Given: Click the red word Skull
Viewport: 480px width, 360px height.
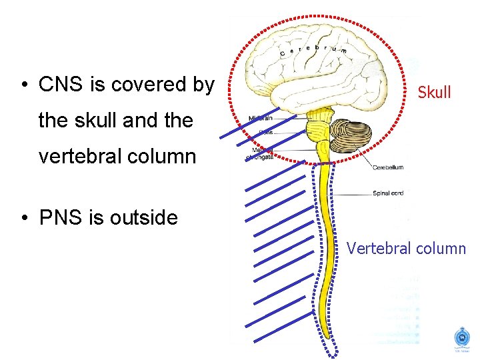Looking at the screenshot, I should click(434, 93).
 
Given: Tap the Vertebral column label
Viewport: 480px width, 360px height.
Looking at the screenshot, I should click(406, 249).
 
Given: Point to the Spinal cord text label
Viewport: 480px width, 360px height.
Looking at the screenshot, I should click(388, 194).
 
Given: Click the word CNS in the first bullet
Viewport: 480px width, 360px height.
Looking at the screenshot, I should click(59, 85).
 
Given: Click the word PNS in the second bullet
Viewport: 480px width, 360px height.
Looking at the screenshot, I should click(59, 218).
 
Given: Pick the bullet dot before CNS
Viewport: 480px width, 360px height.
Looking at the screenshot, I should click(23, 85).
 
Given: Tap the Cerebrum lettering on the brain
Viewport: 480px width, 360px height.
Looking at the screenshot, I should click(313, 51).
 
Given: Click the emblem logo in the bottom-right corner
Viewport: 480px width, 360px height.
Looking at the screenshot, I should click(461, 337).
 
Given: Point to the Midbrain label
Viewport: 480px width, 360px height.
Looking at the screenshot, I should click(261, 119).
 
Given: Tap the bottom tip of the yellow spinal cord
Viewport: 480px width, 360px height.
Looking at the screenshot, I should click(328, 333).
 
